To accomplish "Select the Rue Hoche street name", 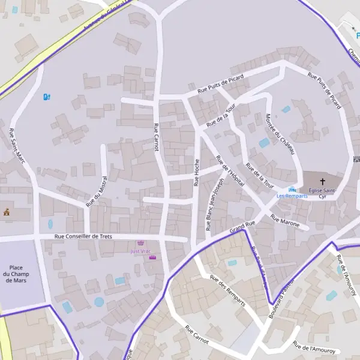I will click(x=196, y=173).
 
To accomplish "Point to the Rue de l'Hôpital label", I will click(x=230, y=171).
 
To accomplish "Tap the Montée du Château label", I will click(x=280, y=134).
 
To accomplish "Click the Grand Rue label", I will click(x=242, y=226).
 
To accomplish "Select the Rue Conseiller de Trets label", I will click(x=83, y=236).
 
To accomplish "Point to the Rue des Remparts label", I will click(x=227, y=290).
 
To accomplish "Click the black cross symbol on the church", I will click(x=322, y=181).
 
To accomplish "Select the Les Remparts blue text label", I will click(x=292, y=196).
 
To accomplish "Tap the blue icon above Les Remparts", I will click(x=292, y=189).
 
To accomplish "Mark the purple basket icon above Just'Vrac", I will click(x=142, y=244).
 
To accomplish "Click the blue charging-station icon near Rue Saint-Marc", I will click(x=47, y=96).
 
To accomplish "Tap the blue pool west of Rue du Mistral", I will click(x=50, y=224).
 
